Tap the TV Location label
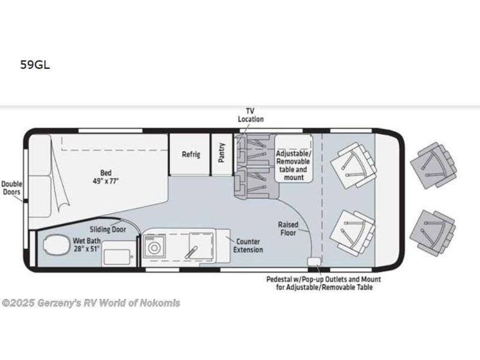[x=250, y=115]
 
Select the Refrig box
[x=190, y=154]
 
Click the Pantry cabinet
[x=221, y=154]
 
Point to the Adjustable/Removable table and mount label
[x=293, y=166]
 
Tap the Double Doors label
[x=11, y=188]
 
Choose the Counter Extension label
[x=248, y=245]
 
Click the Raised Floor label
[x=288, y=228]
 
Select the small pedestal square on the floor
[x=314, y=262]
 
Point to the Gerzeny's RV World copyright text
[x=91, y=303]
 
